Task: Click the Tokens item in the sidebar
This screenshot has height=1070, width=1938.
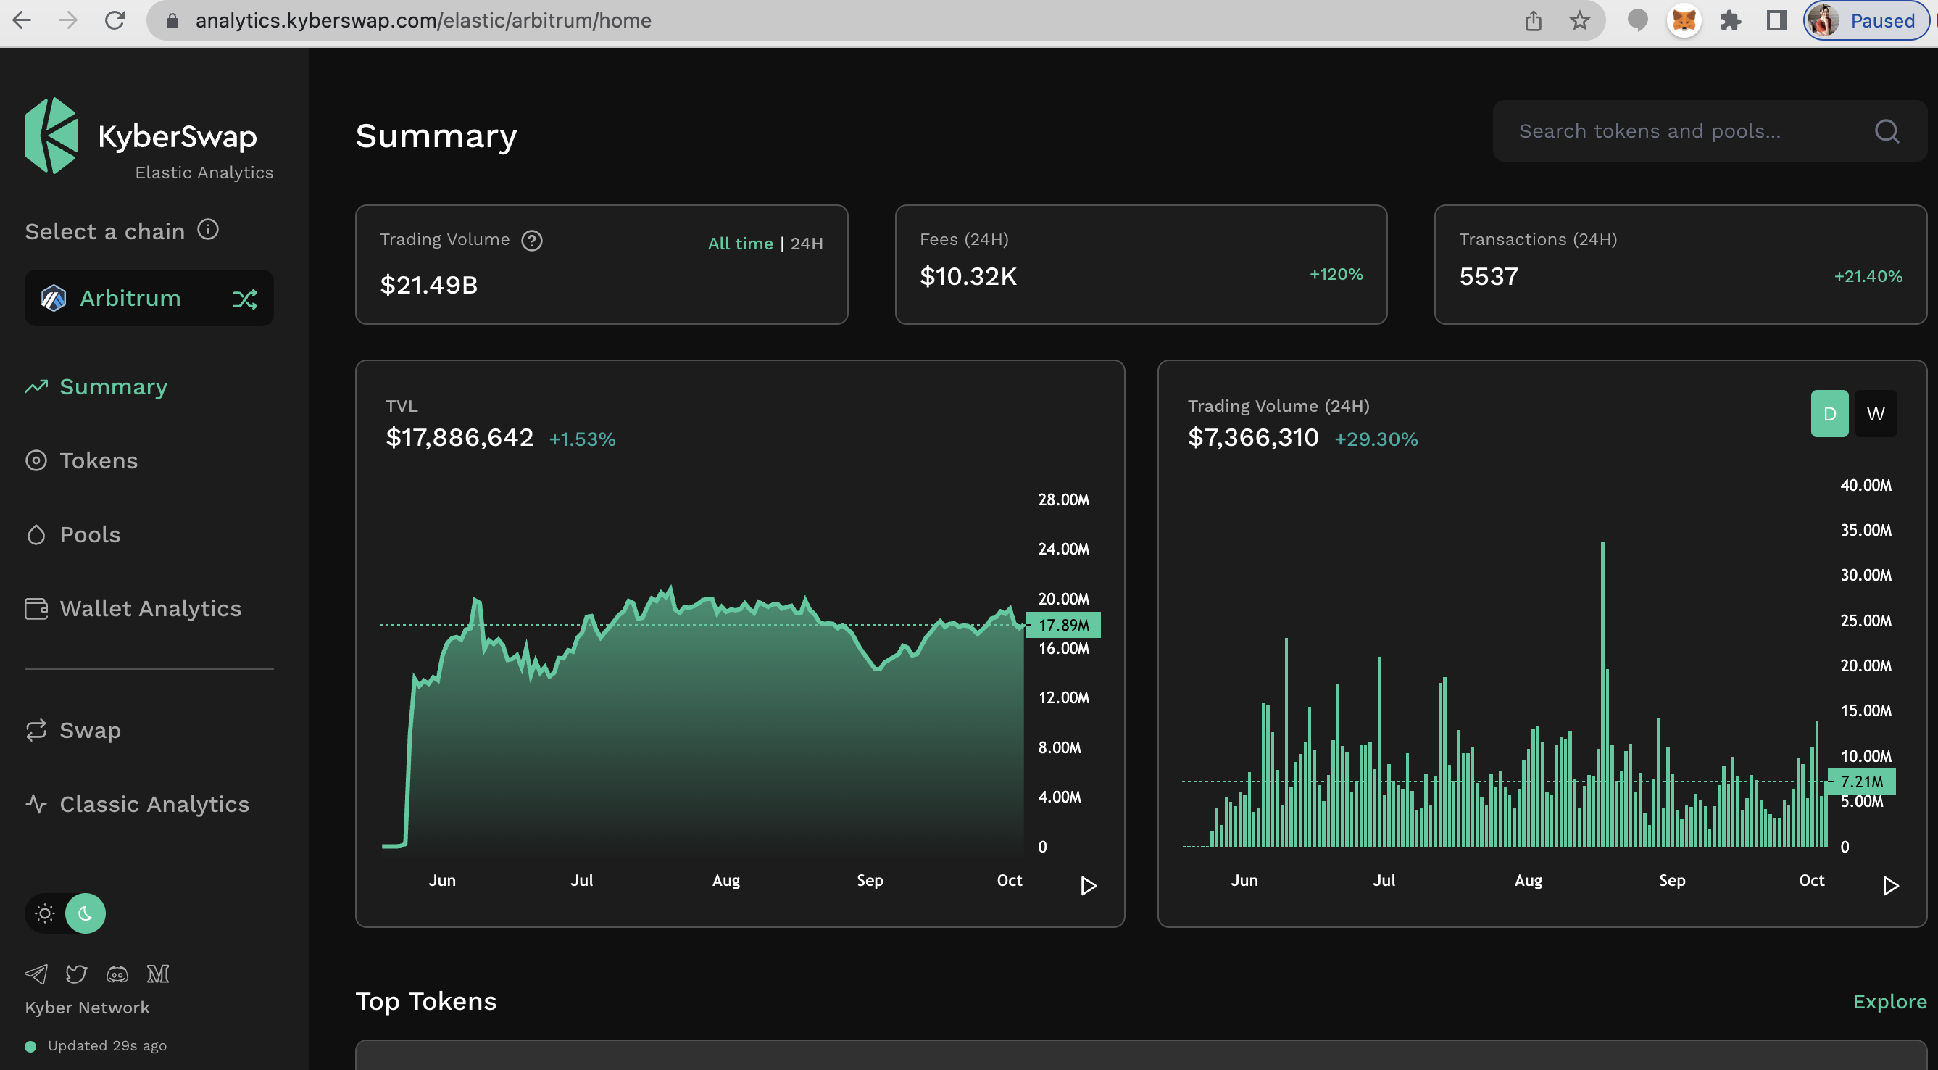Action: [x=98, y=460]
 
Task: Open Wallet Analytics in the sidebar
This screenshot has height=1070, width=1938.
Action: [x=150, y=608]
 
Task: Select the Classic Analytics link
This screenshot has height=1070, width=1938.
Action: [x=154, y=804]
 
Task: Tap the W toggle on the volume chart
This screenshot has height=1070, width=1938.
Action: [x=1875, y=414]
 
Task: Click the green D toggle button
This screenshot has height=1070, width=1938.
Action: [x=1829, y=414]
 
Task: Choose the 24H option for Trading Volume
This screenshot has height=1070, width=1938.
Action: [x=807, y=244]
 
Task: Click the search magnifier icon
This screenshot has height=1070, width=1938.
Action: [x=1886, y=131]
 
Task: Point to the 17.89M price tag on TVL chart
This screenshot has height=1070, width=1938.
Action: [x=1063, y=625]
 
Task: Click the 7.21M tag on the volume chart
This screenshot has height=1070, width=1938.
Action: [x=1861, y=781]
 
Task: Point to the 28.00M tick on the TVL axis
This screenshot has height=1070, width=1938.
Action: [x=1063, y=499]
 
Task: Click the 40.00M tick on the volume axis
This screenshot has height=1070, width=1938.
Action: [x=1865, y=485]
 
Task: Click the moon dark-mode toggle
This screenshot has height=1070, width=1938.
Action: [x=85, y=913]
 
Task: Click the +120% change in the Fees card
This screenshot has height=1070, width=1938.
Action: [x=1336, y=274]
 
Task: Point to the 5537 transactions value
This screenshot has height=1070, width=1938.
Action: [x=1488, y=276]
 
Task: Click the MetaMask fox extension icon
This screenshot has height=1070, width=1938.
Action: [x=1683, y=20]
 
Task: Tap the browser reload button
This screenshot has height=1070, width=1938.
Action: [x=115, y=20]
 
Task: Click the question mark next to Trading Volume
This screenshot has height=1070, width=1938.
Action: [x=532, y=241]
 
